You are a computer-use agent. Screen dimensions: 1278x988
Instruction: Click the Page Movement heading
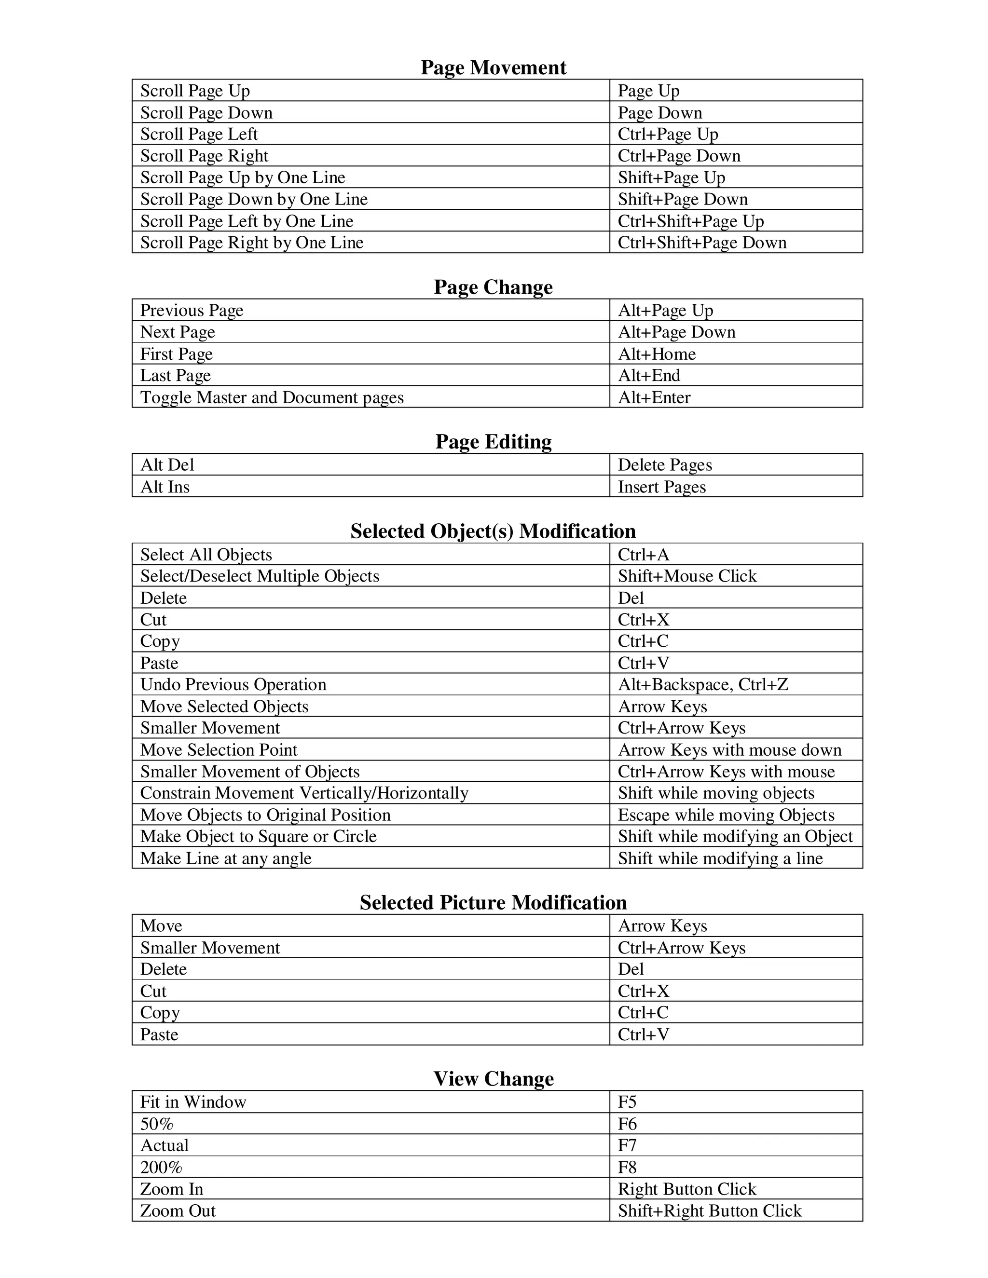pyautogui.click(x=494, y=68)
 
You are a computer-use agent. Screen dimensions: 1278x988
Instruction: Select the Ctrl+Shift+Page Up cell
pyautogui.click(x=691, y=221)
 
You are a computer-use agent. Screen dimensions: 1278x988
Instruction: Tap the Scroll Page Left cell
pyautogui.click(x=199, y=134)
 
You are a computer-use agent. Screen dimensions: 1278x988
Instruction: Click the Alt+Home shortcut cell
pyautogui.click(x=657, y=354)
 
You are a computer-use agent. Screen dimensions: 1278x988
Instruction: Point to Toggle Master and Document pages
pyautogui.click(x=272, y=397)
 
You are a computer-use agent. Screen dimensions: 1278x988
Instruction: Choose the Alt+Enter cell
pyautogui.click(x=654, y=397)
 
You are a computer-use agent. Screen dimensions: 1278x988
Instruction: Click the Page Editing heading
pyautogui.click(x=494, y=442)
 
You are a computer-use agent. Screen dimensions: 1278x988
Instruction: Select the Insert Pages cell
pyautogui.click(x=661, y=487)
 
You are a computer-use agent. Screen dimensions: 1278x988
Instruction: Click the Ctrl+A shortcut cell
pyautogui.click(x=643, y=555)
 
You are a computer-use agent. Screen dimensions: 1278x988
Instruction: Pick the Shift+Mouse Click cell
pyautogui.click(x=687, y=576)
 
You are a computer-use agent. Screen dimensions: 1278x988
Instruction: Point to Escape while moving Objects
pyautogui.click(x=726, y=815)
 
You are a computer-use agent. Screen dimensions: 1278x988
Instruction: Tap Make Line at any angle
pyautogui.click(x=225, y=858)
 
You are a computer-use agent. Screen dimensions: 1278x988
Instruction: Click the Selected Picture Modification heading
pyautogui.click(x=494, y=903)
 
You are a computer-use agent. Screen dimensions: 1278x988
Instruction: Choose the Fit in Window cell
pyautogui.click(x=193, y=1102)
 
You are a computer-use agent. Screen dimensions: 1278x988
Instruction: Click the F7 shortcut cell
pyautogui.click(x=627, y=1146)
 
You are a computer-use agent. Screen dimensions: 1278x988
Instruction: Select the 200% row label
pyautogui.click(x=161, y=1168)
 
